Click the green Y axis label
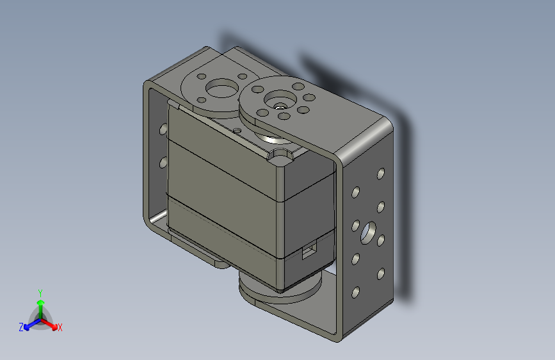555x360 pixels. point(40,291)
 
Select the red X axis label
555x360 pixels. point(60,327)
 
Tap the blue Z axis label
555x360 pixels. point(21,327)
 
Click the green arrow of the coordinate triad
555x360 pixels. point(40,304)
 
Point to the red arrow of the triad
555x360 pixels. point(51,323)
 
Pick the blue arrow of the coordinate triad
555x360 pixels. point(29,323)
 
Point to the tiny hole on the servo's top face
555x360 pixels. point(237,130)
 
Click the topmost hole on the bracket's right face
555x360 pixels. point(381,174)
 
